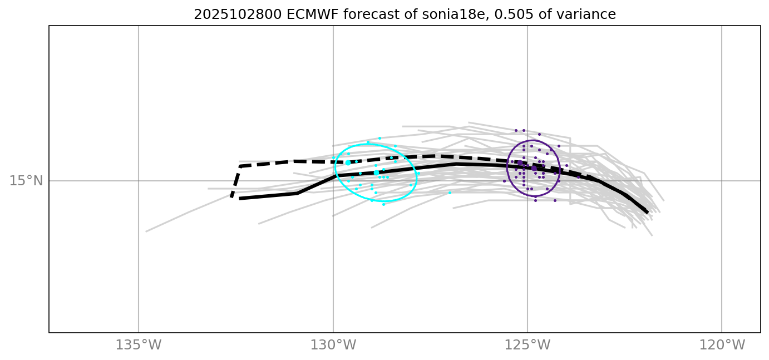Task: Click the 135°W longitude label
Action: (138, 345)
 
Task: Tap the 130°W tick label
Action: (333, 345)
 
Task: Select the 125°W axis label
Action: (527, 345)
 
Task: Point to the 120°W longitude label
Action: (722, 345)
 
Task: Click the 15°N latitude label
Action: (26, 181)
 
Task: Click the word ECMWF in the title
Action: (312, 15)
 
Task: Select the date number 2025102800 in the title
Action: (238, 15)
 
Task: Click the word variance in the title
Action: (591, 15)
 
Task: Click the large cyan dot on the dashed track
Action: (348, 162)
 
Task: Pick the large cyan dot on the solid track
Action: (376, 173)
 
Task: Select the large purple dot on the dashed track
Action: (520, 162)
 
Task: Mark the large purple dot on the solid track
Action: (534, 168)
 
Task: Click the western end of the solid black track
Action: (240, 198)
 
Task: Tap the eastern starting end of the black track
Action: (647, 212)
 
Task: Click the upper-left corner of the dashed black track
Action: (240, 166)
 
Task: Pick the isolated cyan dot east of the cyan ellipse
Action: (450, 193)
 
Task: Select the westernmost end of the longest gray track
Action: (146, 231)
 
